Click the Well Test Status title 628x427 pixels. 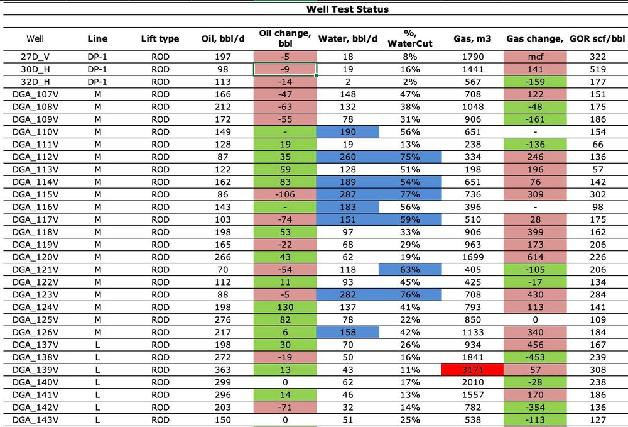(x=347, y=9)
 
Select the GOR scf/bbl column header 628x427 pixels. (x=598, y=39)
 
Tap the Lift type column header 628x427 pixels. (x=160, y=39)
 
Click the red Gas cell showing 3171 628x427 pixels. (x=472, y=370)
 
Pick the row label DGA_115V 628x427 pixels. (x=35, y=194)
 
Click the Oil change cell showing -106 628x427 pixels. (x=285, y=194)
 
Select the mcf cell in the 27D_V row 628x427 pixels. (x=535, y=57)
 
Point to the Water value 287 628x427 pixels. (x=348, y=194)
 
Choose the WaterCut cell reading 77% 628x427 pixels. (x=411, y=194)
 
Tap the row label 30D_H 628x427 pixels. (x=35, y=69)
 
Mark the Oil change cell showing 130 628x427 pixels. (x=285, y=307)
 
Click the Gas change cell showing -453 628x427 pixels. (x=535, y=357)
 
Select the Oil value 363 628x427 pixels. (x=222, y=370)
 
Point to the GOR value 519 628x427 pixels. (x=598, y=69)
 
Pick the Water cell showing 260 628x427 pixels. (x=348, y=157)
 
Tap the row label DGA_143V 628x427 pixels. (x=35, y=419)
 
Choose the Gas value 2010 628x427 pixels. (x=472, y=382)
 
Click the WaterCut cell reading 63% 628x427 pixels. (x=411, y=269)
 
